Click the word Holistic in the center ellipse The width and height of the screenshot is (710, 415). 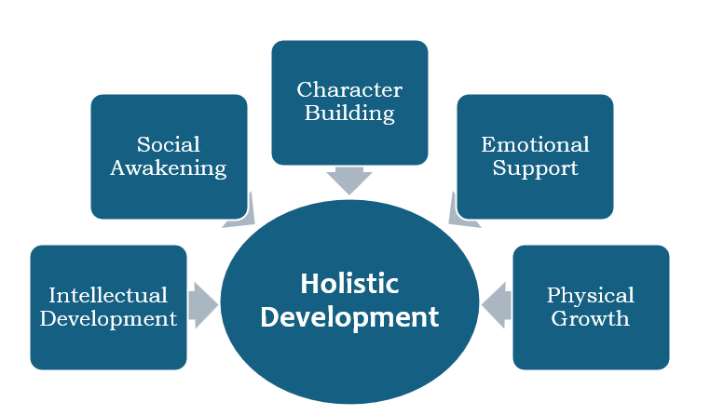point(349,284)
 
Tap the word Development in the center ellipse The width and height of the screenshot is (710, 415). point(349,316)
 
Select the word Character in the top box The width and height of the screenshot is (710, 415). point(349,90)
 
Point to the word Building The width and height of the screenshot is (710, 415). point(349,114)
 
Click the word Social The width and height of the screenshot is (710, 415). point(169,144)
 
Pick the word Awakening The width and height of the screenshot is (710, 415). point(169,168)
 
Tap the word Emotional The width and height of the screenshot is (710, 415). point(535,144)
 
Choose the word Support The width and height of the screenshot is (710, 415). point(535,168)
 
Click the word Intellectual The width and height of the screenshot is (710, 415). point(108,295)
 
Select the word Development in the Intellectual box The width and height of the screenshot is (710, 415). point(108,319)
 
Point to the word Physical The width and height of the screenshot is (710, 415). point(591,295)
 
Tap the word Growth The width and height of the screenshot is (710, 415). point(591,319)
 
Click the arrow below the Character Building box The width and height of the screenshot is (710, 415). point(349,180)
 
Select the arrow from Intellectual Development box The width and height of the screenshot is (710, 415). point(203,304)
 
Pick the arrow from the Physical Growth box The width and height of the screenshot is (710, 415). point(497,304)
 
